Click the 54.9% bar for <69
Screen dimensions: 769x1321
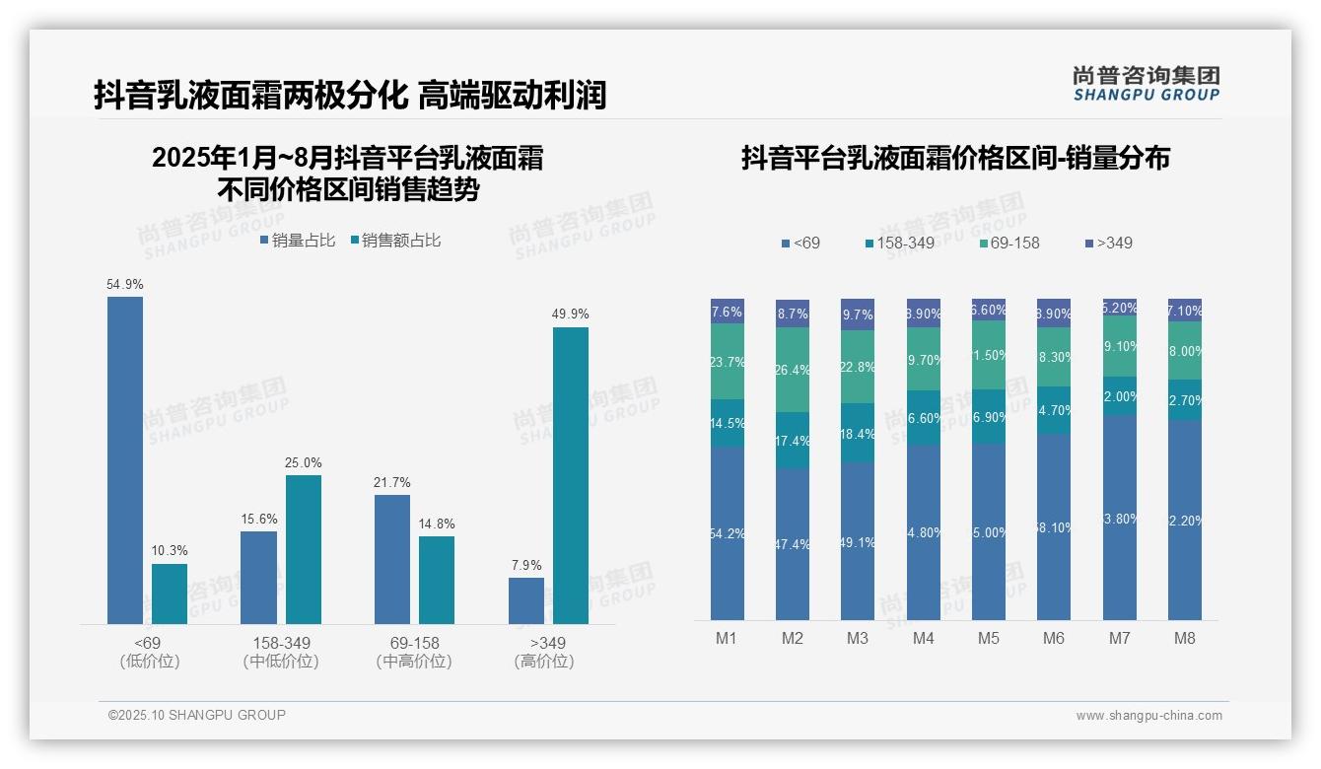125,460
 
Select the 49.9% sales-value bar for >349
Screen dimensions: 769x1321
570,475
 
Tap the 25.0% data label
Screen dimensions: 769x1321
304,463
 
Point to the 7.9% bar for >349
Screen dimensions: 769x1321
526,600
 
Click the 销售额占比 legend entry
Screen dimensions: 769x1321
395,241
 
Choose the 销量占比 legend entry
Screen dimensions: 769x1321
298,241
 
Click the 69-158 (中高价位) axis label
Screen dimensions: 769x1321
414,652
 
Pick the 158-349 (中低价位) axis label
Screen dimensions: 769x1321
281,652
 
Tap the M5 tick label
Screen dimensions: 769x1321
988,638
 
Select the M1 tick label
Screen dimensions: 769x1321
727,638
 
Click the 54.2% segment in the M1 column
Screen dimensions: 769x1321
728,533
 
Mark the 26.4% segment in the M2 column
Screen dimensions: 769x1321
793,370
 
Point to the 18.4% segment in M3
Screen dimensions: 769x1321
858,434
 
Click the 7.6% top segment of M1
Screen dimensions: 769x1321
728,312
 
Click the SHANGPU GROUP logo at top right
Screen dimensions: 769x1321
1146,84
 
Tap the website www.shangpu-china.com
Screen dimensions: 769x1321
1148,716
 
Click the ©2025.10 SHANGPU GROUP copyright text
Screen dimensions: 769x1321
197,715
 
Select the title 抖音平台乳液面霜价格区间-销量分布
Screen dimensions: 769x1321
955,159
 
